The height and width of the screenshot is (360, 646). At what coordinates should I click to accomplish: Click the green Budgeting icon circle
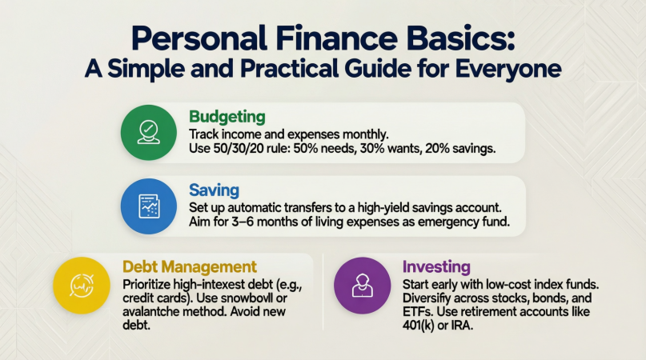148,133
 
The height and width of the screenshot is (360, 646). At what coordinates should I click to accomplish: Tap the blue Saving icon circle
148,206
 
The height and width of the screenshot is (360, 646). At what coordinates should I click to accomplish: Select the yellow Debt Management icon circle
82,286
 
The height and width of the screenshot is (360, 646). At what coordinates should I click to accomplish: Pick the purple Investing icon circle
362,286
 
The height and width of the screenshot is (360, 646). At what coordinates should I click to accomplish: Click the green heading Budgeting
227,117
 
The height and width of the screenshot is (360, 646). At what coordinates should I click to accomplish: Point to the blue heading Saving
214,190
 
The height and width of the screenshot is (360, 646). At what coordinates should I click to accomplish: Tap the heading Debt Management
190,267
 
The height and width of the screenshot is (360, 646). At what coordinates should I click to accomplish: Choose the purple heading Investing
436,267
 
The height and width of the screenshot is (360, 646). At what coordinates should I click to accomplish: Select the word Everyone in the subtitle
508,69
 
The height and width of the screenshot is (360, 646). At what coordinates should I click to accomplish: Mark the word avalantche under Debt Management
150,311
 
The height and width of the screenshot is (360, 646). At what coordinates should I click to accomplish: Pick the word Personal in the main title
199,38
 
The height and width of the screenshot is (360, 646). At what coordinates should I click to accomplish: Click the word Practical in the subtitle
290,69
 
